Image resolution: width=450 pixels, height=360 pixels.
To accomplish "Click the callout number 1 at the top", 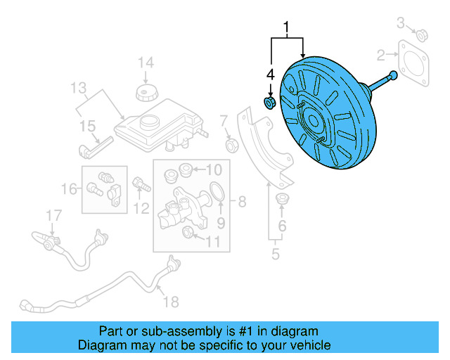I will pyautogui.click(x=287, y=29).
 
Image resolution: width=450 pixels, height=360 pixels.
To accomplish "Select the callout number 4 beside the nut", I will pyautogui.click(x=269, y=74).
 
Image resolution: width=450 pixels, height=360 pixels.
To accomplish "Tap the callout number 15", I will pyautogui.click(x=87, y=126).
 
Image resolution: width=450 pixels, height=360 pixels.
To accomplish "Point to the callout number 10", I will pyautogui.click(x=213, y=169).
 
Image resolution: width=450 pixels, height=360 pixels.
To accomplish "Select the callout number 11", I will pyautogui.click(x=212, y=242).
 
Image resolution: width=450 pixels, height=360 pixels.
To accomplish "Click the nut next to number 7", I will pyautogui.click(x=230, y=146).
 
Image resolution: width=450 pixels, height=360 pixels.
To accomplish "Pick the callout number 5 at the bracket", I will pyautogui.click(x=276, y=254).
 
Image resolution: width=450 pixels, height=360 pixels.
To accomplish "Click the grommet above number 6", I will pyautogui.click(x=283, y=198).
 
